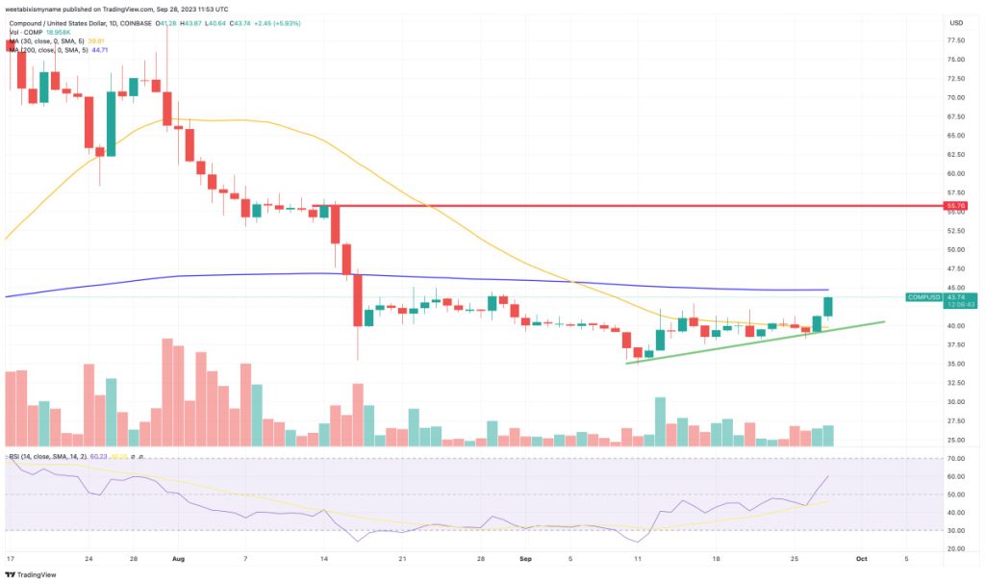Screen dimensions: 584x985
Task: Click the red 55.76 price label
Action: coord(956,206)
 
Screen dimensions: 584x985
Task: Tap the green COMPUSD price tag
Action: coord(926,297)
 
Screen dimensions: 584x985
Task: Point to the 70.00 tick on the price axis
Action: coord(956,97)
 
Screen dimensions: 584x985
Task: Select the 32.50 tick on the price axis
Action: coord(956,402)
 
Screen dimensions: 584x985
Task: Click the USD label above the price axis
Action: coord(956,22)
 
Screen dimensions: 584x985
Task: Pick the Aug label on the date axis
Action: coord(176,557)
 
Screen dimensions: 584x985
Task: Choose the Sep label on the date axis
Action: coord(526,557)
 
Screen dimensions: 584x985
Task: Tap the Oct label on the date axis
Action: coord(862,557)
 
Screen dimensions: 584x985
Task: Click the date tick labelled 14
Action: coord(324,557)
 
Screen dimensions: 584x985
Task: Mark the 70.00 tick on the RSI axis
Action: coord(955,459)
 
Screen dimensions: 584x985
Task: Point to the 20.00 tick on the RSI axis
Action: coord(955,548)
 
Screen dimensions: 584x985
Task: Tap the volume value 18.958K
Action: coord(60,32)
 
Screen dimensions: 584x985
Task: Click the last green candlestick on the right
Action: coord(828,306)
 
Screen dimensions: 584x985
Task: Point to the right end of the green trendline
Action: coord(883,322)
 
